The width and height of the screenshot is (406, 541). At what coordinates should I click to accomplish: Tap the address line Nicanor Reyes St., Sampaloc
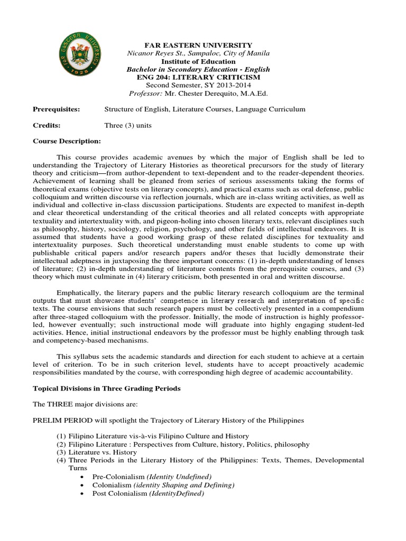coord(198,53)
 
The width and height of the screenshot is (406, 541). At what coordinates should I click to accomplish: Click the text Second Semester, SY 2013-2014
coord(198,85)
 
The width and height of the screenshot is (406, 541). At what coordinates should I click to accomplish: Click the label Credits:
coord(47,125)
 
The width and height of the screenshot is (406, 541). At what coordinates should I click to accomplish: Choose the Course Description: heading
coord(67,141)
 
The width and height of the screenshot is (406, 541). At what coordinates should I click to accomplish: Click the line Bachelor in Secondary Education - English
coord(198,69)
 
